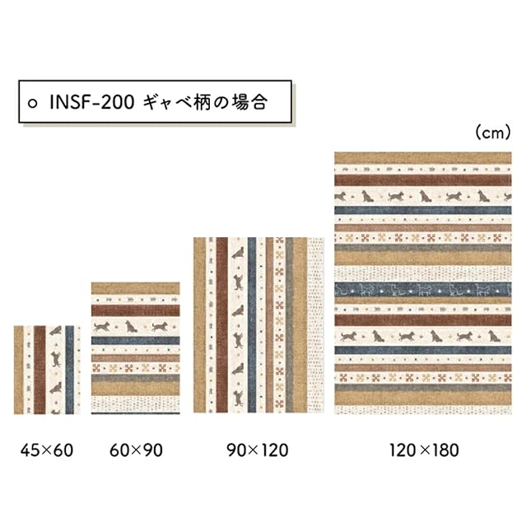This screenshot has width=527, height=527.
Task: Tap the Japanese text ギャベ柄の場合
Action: point(206,103)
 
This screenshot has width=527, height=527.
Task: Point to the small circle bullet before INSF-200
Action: point(34,104)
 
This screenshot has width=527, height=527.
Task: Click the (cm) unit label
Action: point(492,132)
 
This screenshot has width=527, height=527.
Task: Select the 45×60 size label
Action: point(47,450)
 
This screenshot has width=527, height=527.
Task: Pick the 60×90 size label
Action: point(136,450)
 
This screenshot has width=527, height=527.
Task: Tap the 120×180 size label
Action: point(423,450)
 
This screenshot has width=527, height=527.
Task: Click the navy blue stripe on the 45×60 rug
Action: point(69,369)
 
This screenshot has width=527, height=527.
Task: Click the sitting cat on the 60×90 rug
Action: point(129,326)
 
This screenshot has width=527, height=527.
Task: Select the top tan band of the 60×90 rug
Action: point(135,288)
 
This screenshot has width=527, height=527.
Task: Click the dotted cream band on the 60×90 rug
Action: point(135,403)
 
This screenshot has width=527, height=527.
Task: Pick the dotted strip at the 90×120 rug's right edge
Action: point(317,324)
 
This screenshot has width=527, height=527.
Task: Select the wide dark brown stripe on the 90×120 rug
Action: point(222,324)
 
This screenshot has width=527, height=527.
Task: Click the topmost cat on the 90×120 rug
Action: point(237,253)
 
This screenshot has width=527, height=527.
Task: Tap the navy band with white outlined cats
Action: point(423,289)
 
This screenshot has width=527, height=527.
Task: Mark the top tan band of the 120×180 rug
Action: point(423,158)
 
